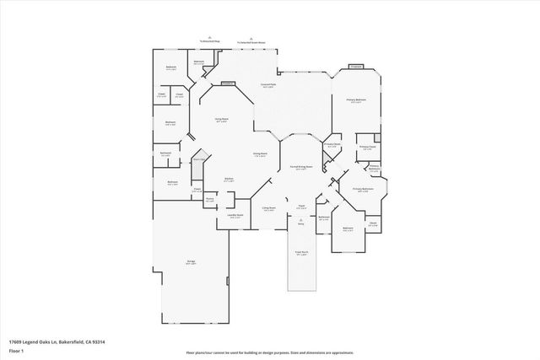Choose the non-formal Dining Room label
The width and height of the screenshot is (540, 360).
pos(261,154)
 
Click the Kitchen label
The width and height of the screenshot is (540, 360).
pos(229,180)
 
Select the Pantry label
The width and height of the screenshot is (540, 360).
pos(209,199)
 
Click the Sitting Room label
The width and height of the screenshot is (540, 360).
pos(268,209)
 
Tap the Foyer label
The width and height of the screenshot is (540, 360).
pos(300,207)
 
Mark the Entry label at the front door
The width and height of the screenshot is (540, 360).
pos(300,224)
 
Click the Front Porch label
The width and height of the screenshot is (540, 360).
pos(300,254)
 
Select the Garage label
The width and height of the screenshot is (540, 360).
pos(191,263)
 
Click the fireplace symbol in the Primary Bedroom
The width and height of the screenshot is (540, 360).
pos(356,67)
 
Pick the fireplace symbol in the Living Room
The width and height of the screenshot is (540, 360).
pos(228,83)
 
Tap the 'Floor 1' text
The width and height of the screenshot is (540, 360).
pos(15,350)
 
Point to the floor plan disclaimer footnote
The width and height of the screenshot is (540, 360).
pos(270,352)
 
